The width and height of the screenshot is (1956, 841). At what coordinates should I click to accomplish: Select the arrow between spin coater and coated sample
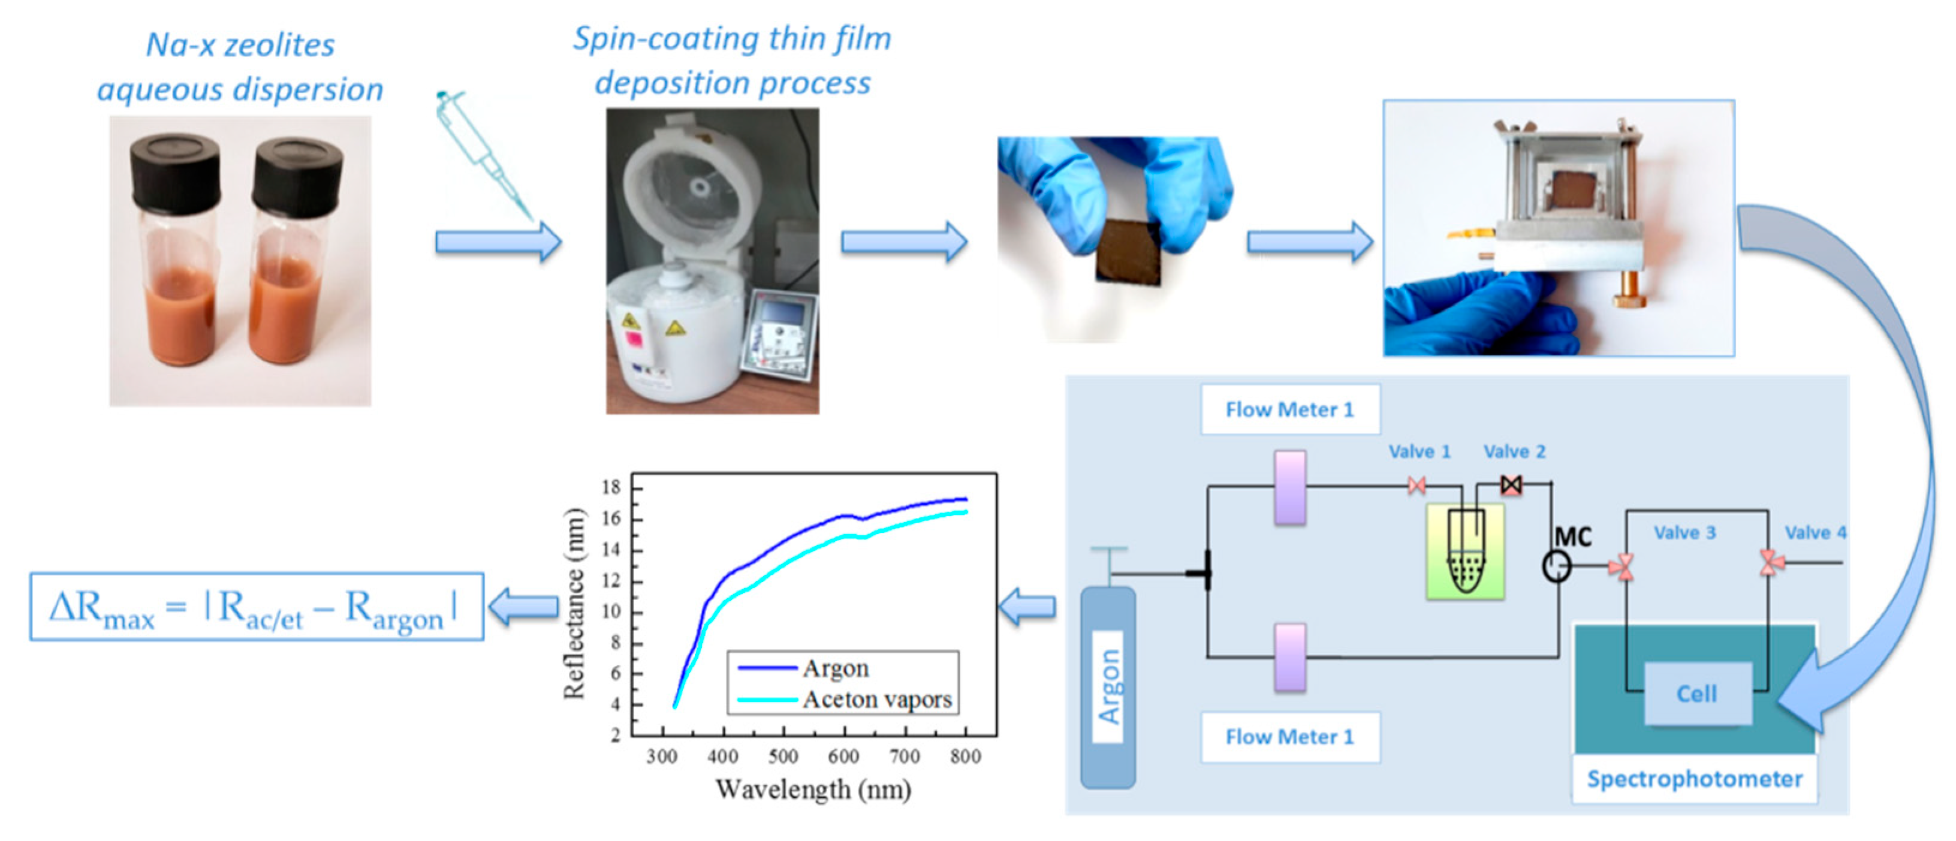click(903, 242)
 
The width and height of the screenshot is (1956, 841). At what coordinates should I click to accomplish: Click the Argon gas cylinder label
click(1108, 686)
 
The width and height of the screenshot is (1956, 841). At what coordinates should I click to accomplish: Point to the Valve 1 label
click(1419, 451)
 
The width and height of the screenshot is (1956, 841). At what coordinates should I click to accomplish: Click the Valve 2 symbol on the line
click(1511, 484)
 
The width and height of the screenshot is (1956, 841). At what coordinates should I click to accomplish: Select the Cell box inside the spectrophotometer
click(1696, 694)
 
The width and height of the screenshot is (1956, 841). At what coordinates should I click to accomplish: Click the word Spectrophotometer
click(1694, 779)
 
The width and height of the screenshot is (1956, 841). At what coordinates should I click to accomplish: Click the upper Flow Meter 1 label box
click(1289, 410)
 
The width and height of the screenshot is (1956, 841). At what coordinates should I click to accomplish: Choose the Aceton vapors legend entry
click(876, 699)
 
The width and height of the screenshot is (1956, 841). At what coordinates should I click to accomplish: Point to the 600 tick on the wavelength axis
click(843, 756)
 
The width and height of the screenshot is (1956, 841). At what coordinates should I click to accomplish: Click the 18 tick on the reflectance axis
click(611, 487)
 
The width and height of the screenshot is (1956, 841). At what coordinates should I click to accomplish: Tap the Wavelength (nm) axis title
click(812, 789)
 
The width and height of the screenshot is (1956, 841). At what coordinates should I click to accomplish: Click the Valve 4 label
click(1814, 533)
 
